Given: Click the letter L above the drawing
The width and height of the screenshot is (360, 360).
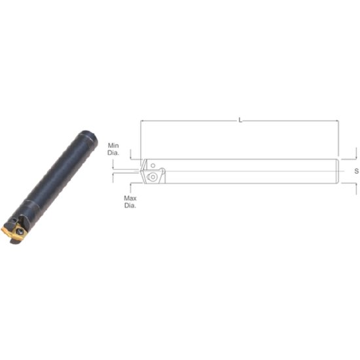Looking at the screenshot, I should [x=240, y=120].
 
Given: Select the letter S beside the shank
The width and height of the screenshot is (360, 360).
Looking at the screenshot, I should [x=355, y=170].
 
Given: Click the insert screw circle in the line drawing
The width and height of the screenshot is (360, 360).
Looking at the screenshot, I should [x=153, y=175].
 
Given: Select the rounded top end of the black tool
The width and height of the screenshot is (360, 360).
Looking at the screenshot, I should [x=87, y=137].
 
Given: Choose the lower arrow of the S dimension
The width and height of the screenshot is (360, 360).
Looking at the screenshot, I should [x=356, y=187].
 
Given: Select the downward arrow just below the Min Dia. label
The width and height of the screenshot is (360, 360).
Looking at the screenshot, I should [x=131, y=156].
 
